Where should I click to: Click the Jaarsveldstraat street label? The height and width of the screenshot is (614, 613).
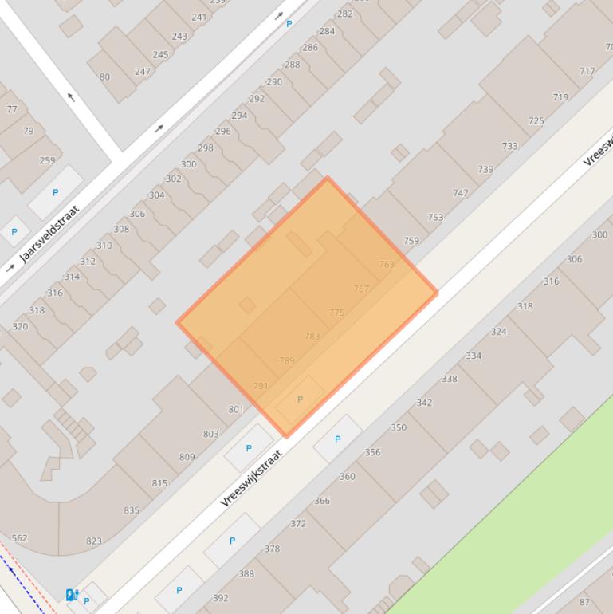pyautogui.click(x=50, y=234)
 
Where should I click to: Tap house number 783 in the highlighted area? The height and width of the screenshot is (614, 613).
pyautogui.click(x=312, y=336)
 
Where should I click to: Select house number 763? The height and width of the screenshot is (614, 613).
pyautogui.click(x=387, y=264)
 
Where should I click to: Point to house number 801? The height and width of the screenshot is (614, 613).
pyautogui.click(x=236, y=409)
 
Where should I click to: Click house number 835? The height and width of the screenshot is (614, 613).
pyautogui.click(x=132, y=510)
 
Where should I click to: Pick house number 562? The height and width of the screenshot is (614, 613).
pyautogui.click(x=19, y=538)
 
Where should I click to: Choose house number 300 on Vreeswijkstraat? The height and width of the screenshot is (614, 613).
pyautogui.click(x=599, y=234)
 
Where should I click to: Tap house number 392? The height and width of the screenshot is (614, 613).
pyautogui.click(x=221, y=597)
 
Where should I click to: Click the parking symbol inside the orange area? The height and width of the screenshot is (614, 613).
pyautogui.click(x=300, y=399)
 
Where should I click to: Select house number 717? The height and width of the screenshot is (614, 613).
pyautogui.click(x=587, y=71)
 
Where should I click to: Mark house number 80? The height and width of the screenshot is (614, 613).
pyautogui.click(x=104, y=77)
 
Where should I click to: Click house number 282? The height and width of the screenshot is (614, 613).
pyautogui.click(x=344, y=14)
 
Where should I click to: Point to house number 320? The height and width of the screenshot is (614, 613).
pyautogui.click(x=20, y=326)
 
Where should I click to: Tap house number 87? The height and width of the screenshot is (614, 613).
pyautogui.click(x=585, y=602)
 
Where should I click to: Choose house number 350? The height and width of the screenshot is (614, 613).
pyautogui.click(x=399, y=427)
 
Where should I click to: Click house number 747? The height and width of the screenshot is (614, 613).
pyautogui.click(x=460, y=193)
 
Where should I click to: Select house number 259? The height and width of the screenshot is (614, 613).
pyautogui.click(x=47, y=160)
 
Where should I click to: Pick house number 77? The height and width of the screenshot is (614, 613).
pyautogui.click(x=12, y=109)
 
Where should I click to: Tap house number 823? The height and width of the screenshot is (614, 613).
pyautogui.click(x=94, y=541)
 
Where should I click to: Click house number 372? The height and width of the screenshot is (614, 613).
pyautogui.click(x=298, y=523)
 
